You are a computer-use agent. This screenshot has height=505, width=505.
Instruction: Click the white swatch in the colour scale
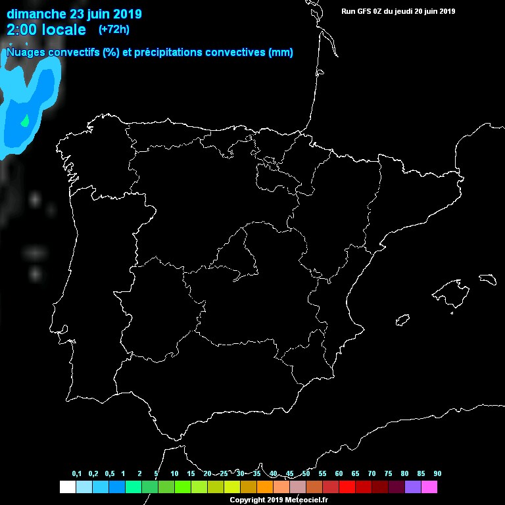[67, 487]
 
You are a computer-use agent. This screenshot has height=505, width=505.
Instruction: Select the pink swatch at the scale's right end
[429, 487]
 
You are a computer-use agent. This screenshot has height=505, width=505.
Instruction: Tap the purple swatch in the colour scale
[413, 487]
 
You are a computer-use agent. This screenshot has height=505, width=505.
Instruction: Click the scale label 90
[437, 474]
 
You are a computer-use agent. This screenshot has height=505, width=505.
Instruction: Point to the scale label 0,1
[76, 474]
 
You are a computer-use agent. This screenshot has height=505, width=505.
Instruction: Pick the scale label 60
[339, 474]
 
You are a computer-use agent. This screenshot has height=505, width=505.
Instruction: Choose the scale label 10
[174, 474]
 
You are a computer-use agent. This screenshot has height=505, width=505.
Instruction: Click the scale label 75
[388, 474]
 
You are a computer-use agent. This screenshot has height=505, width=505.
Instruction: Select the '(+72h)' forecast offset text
[114, 29]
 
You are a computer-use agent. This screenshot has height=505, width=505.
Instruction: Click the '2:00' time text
[22, 30]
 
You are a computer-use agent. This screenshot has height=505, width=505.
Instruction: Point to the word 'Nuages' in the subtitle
[24, 53]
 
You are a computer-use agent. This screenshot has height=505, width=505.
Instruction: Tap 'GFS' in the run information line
[366, 11]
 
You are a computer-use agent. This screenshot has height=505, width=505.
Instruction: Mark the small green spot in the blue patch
[25, 120]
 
